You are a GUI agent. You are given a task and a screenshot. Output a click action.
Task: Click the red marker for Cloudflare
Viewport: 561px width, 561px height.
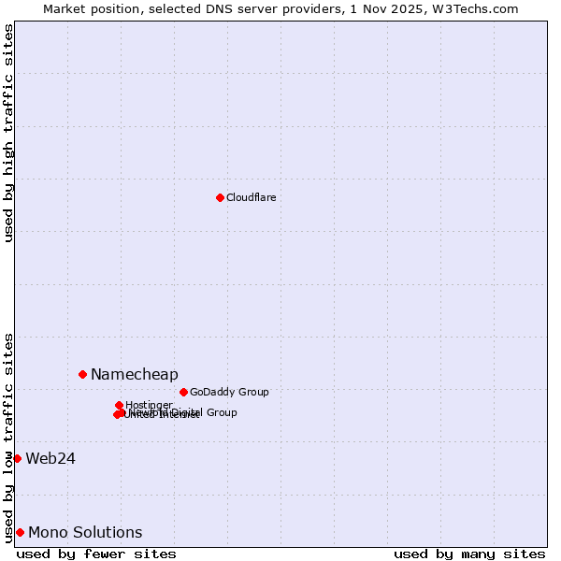220,197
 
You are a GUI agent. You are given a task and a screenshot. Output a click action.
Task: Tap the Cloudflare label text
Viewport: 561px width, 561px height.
251,197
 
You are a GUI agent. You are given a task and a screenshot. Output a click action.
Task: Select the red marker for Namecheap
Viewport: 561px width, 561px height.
82,374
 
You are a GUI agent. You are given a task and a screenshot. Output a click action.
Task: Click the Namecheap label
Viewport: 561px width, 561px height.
134,375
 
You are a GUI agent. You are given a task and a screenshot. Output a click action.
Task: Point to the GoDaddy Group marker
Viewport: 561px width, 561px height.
183,392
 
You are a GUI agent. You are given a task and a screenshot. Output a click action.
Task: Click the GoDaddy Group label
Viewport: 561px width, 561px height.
229,393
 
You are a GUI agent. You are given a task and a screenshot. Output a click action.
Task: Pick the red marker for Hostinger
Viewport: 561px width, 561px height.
119,405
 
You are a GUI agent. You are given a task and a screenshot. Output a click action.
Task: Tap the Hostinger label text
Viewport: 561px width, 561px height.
149,405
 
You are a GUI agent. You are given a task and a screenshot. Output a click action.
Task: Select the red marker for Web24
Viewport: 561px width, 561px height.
17,458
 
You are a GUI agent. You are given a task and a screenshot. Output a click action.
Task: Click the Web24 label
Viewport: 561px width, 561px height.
50,458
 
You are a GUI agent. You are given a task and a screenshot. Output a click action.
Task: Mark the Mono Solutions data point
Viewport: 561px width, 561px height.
20,532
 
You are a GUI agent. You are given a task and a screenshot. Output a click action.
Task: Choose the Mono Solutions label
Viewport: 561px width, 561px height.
85,533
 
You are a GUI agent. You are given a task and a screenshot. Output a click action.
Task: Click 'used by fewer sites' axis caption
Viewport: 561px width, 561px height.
96,554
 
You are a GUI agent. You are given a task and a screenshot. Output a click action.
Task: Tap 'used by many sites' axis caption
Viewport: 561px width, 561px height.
469,554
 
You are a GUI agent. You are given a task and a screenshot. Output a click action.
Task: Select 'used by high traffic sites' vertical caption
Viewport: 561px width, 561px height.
8,133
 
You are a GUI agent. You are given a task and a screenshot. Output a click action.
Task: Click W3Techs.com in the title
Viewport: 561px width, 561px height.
481,8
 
